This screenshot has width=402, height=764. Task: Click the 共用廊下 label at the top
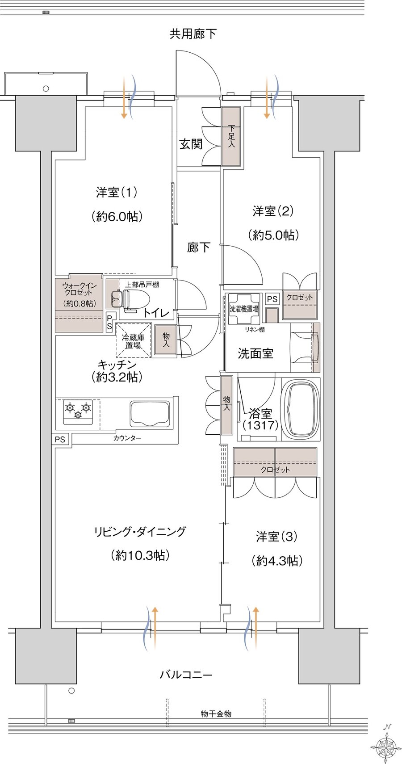[x=193, y=34]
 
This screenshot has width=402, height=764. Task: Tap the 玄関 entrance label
[x=191, y=144]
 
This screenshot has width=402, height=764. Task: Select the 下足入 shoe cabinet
[x=231, y=136]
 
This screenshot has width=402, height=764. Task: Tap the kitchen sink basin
[x=150, y=413]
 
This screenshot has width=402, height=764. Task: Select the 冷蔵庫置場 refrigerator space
[x=133, y=341]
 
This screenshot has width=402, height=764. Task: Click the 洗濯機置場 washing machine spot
[x=244, y=309]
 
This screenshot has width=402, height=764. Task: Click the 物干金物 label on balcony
[x=216, y=714]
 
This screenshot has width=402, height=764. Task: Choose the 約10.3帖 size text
[x=140, y=555]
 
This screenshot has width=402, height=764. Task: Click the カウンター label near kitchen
[x=127, y=438]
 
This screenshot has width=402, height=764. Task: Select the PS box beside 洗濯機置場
[x=272, y=299]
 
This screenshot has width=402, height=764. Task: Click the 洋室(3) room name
[x=276, y=537]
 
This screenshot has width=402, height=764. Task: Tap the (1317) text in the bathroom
[x=260, y=425]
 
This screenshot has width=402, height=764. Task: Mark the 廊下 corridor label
[x=198, y=247]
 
